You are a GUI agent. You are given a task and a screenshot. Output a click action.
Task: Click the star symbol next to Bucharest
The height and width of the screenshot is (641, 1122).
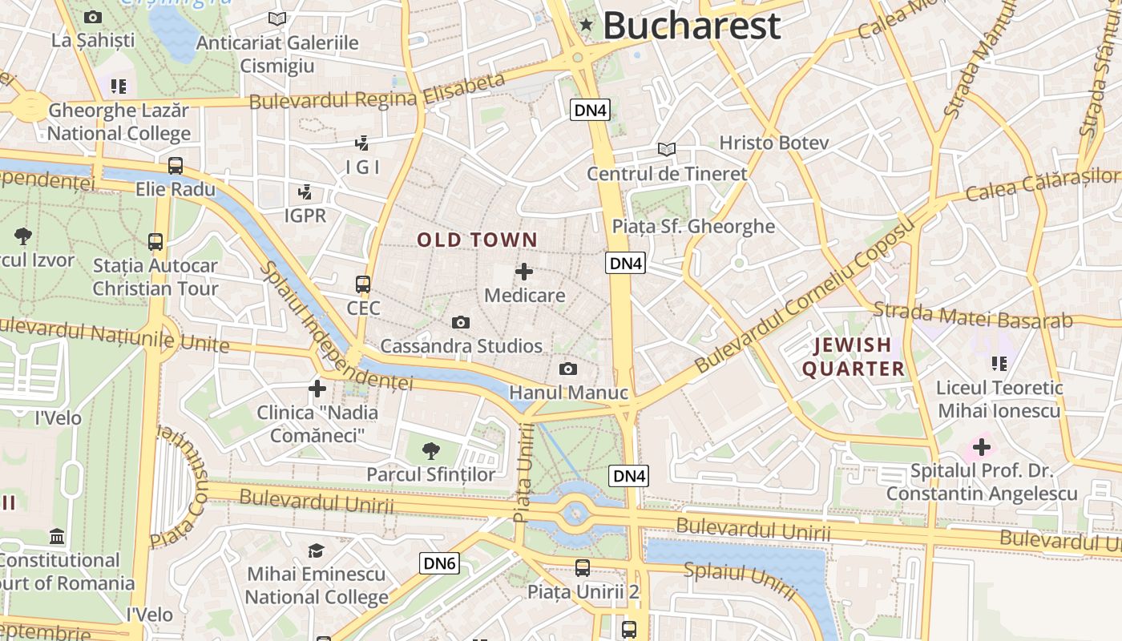[x=587, y=26]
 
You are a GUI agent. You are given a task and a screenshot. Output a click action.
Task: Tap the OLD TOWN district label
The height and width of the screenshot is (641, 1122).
[x=477, y=240]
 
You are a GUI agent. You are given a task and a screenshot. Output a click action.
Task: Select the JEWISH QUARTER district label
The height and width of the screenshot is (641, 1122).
[x=854, y=357]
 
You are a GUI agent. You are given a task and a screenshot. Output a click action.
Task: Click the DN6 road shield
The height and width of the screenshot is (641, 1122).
[x=439, y=563]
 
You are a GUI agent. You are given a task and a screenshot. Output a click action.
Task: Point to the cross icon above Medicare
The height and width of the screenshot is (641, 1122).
[x=524, y=272]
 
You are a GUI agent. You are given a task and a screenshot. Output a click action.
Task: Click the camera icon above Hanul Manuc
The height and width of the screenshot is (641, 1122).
[x=567, y=369]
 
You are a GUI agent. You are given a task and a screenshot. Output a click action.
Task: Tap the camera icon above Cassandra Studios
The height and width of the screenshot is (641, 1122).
[x=461, y=322]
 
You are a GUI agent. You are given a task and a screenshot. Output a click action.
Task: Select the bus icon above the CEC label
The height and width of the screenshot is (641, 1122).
[x=363, y=284]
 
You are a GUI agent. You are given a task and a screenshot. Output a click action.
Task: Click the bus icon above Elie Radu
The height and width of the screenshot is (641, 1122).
[x=176, y=166]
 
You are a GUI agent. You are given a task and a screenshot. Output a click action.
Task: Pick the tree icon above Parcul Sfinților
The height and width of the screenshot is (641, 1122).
[x=431, y=450]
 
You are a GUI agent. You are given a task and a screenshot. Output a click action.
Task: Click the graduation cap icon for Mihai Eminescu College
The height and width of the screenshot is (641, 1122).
[x=316, y=550]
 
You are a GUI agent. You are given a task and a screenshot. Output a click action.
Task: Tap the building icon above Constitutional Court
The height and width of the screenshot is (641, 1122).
[x=57, y=536]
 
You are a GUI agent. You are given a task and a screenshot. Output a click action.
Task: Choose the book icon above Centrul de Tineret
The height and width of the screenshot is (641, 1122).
[x=667, y=149]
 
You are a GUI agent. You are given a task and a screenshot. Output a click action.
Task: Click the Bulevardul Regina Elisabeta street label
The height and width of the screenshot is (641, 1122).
[x=377, y=91]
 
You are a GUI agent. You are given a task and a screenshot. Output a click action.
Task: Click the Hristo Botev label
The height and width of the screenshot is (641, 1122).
[x=773, y=143]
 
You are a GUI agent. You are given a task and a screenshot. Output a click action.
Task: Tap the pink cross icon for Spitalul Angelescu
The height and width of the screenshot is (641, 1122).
[x=981, y=446]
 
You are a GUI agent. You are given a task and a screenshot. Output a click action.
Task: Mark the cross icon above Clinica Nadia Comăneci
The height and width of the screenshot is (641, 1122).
[x=317, y=389]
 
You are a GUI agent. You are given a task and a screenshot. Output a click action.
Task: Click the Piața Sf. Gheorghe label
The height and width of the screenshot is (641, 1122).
[x=693, y=226]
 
